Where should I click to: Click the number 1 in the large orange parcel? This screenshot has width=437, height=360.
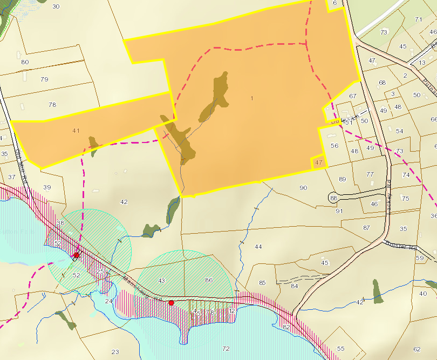(251, 98)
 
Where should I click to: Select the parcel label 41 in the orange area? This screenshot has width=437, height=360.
(76, 131)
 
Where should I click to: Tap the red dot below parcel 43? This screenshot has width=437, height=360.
(171, 303)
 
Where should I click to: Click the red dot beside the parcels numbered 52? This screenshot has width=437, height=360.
(77, 255)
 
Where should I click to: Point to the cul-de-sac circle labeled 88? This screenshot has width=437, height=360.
(333, 198)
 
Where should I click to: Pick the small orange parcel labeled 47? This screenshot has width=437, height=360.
(319, 162)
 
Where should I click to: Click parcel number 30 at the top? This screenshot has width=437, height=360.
(56, 6)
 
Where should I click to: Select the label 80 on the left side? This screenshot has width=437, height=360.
(25, 62)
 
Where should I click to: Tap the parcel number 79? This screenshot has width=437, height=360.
(44, 79)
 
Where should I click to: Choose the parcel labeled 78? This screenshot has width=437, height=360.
(52, 105)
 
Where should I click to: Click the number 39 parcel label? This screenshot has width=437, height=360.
(47, 187)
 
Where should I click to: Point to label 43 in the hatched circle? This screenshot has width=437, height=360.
(161, 281)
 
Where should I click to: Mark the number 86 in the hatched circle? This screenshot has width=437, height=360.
(209, 281)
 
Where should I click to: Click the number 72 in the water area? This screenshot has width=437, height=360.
(226, 349)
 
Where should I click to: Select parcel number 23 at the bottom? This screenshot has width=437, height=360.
(115, 352)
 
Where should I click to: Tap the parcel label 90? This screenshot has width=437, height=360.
(303, 188)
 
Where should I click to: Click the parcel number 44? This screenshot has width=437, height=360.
(258, 247)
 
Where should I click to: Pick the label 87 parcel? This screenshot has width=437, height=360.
(367, 228)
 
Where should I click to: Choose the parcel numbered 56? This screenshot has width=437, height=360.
(334, 146)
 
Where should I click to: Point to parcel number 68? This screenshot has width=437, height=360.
(383, 83)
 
